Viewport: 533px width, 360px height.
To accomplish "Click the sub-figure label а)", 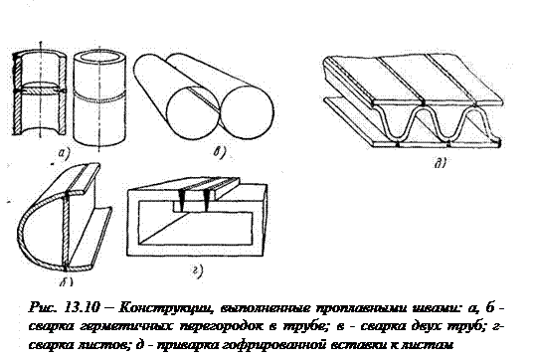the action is point(64,153).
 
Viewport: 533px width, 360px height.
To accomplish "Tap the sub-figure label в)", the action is point(220,152).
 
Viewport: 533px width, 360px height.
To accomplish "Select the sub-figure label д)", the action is point(441,163).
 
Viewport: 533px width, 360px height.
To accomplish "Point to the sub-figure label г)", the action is point(198,270).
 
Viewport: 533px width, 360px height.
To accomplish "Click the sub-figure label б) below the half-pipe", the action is point(67,281).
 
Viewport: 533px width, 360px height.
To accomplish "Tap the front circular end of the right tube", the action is point(248,112).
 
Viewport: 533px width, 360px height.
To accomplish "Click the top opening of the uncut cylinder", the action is point(99,57).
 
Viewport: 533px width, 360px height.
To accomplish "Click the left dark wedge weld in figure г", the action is point(181,200).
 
